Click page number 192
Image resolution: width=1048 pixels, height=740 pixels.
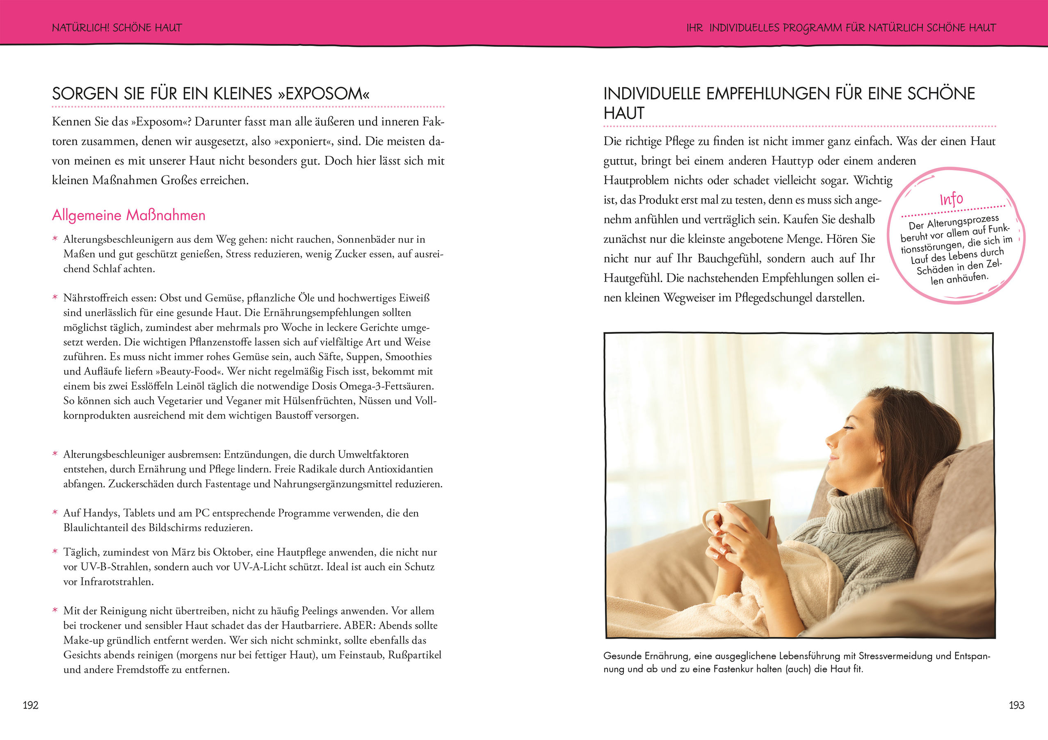click(31, 705)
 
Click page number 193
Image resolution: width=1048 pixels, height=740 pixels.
click(1016, 705)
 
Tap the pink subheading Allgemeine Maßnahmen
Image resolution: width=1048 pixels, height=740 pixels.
click(129, 215)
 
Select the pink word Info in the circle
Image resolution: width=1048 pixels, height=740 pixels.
click(951, 199)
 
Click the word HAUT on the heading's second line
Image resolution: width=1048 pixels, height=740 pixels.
click(623, 113)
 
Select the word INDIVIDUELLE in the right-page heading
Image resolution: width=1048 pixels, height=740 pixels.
click(652, 94)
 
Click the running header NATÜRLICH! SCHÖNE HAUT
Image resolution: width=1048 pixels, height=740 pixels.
click(117, 28)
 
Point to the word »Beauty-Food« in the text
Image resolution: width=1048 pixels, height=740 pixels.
click(190, 372)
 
